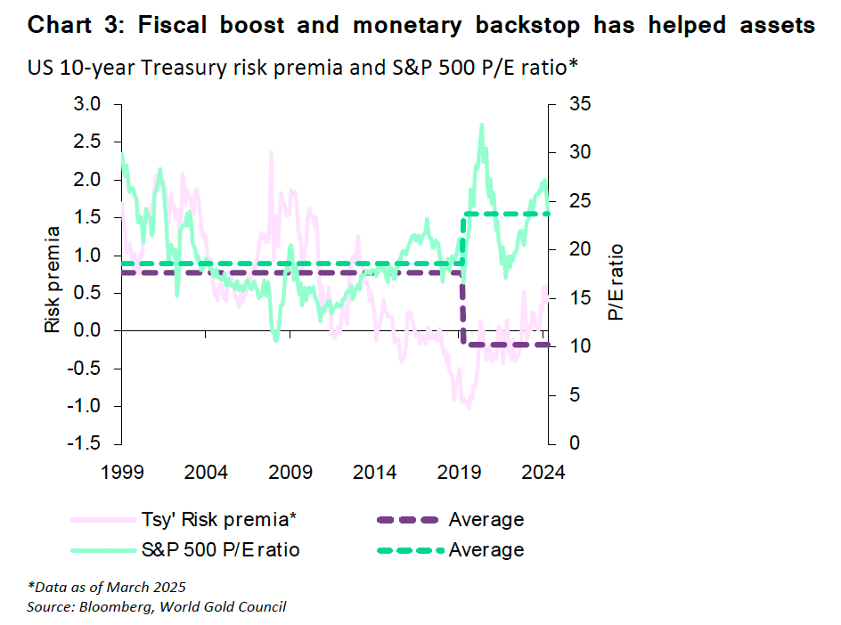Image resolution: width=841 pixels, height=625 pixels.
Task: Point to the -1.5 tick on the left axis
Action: [x=86, y=443]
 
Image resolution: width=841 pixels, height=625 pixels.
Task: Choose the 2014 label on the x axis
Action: [x=375, y=471]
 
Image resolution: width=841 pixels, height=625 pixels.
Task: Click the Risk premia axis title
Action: [x=53, y=280]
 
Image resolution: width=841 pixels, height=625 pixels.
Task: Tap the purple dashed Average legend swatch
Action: [x=408, y=520]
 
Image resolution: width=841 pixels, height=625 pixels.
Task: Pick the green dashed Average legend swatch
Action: [x=408, y=549]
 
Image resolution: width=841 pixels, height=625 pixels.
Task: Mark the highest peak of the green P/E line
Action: [x=482, y=126]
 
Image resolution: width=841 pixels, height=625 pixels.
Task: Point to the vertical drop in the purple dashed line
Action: [x=463, y=307]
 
